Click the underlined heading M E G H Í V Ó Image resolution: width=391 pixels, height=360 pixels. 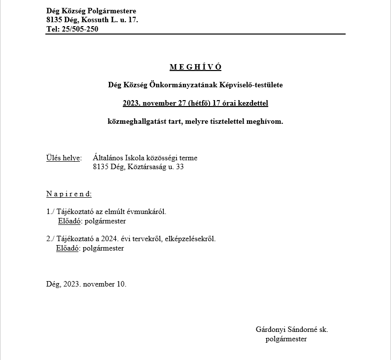[x=195, y=67]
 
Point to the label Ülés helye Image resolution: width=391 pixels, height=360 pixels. [x=63, y=158]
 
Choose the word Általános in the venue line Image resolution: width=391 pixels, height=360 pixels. [x=107, y=158]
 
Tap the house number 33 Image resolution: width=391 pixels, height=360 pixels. [x=179, y=167]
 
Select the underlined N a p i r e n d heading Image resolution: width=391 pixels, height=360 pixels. [x=69, y=194]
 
